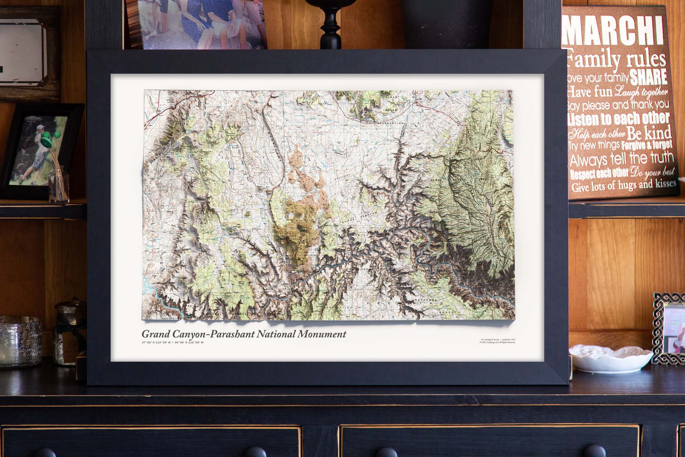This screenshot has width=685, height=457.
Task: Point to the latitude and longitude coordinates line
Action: point(173,342)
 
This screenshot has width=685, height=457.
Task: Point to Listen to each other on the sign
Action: point(618,119)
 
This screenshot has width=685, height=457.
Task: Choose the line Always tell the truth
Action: point(622,159)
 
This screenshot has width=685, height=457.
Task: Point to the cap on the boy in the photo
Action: point(40,128)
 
